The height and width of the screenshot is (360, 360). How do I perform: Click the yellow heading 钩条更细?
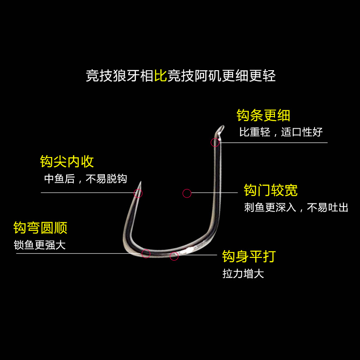263,116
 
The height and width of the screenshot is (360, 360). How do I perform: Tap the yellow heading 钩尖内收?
67,162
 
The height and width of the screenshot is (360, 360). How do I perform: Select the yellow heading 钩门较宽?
270,190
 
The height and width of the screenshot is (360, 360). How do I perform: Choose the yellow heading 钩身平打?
248,256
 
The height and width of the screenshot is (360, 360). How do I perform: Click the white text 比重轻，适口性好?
281,132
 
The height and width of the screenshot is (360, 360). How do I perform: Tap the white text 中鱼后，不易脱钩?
85,179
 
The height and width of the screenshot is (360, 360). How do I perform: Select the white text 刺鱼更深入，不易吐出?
296,207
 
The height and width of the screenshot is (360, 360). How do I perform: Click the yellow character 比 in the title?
161,76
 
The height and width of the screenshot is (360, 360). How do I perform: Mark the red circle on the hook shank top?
215,143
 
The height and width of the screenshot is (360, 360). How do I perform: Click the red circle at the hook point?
138,193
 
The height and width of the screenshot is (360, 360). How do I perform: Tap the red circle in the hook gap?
187,193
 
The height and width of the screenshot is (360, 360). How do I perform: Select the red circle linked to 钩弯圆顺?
146,253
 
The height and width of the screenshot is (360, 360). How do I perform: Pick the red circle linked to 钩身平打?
174,256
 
